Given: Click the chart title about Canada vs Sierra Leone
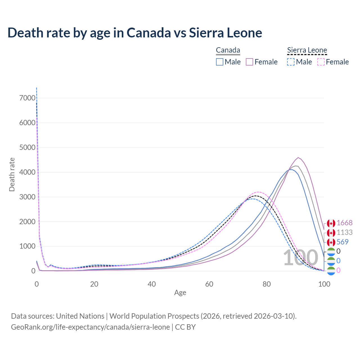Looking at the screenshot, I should click(x=135, y=33).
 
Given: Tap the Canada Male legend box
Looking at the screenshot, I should click(x=220, y=62).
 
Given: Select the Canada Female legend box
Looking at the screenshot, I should click(x=249, y=62).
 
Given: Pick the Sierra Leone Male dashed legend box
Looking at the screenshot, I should click(x=291, y=62).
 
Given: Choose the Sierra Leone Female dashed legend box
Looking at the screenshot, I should click(x=321, y=62).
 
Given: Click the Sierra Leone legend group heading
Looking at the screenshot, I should click(x=307, y=50).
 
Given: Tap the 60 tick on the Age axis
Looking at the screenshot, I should click(x=209, y=284).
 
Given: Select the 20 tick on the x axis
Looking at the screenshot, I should click(x=94, y=284).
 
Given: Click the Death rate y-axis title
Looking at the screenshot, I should click(x=12, y=174).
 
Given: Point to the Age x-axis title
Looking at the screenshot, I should click(x=180, y=293).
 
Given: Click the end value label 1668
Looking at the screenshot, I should click(x=344, y=223).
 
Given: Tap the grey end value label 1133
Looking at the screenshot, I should click(x=345, y=233).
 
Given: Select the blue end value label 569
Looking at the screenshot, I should click(x=342, y=242).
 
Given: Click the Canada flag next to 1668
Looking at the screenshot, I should click(x=331, y=223).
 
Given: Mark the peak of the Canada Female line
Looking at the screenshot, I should click(x=298, y=157).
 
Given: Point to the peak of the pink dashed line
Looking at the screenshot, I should click(x=258, y=192).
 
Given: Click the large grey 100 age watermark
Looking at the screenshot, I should click(x=300, y=258).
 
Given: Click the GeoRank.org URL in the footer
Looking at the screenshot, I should click(x=90, y=327).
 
